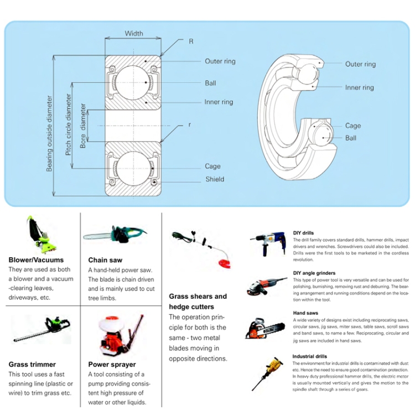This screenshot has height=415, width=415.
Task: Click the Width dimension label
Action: pos(133,33)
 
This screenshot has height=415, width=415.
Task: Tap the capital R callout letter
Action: pos(191,41)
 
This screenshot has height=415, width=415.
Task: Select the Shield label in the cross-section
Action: pos(215,179)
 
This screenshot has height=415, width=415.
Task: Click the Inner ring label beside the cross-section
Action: pos(219,102)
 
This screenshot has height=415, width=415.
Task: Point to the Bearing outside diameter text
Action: pos(49,133)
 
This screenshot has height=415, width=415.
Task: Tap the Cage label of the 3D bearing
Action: pos(352,126)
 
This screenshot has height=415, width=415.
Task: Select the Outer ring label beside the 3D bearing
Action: pos(360,64)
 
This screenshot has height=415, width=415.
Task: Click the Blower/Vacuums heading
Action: pos(36,260)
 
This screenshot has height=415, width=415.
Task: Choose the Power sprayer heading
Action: pos(112,364)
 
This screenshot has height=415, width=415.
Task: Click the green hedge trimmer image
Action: pos(42,330)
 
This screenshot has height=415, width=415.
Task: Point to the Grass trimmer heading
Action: pos(32,364)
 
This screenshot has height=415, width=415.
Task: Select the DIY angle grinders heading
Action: pos(314,273)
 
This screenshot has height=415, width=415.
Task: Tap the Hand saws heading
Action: pos(306,313)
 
